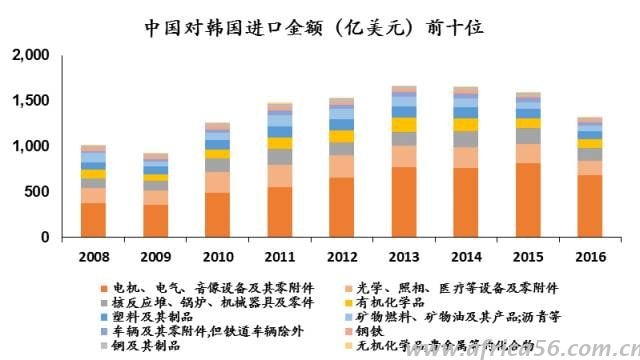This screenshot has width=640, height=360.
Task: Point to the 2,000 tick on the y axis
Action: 27,57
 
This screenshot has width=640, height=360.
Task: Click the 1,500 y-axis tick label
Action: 27,102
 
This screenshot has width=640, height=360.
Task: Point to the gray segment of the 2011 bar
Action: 280,157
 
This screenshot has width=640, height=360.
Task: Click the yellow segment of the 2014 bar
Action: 466,125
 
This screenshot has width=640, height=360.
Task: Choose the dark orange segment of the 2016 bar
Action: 590,206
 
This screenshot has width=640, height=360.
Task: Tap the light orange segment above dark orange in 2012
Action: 342,166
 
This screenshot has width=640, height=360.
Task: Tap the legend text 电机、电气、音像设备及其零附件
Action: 199,286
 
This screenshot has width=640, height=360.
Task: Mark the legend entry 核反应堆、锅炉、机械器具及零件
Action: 199,301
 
